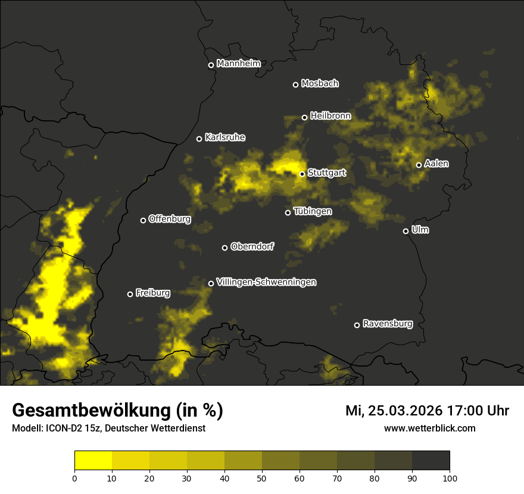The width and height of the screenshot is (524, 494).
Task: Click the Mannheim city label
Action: (x=238, y=64)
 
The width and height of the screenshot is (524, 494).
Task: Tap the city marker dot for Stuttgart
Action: (x=302, y=174)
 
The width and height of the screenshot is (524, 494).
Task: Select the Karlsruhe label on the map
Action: (x=224, y=137)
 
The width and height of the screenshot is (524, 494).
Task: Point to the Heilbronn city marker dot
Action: (x=304, y=117)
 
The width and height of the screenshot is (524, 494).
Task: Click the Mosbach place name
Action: (x=319, y=84)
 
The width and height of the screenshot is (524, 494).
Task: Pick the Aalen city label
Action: (x=436, y=164)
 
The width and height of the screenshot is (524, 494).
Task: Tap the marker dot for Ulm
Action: (x=406, y=231)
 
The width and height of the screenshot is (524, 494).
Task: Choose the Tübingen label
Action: (x=312, y=211)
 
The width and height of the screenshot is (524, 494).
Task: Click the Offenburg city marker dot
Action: (x=143, y=220)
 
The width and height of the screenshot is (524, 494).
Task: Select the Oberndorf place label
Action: (x=252, y=246)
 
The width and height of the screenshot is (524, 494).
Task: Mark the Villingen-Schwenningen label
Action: (x=266, y=282)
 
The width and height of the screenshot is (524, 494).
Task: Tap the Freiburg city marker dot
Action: (x=130, y=294)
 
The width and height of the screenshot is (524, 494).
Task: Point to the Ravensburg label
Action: (x=387, y=324)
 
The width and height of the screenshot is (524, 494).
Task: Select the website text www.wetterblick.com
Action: (x=429, y=428)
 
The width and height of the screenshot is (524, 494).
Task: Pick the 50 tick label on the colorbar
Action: (x=262, y=477)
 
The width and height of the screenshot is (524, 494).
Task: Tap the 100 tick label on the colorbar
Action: (x=450, y=477)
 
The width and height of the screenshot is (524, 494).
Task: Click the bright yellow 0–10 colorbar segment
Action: (x=93, y=460)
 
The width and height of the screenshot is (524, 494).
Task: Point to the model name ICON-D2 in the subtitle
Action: (x=65, y=429)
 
